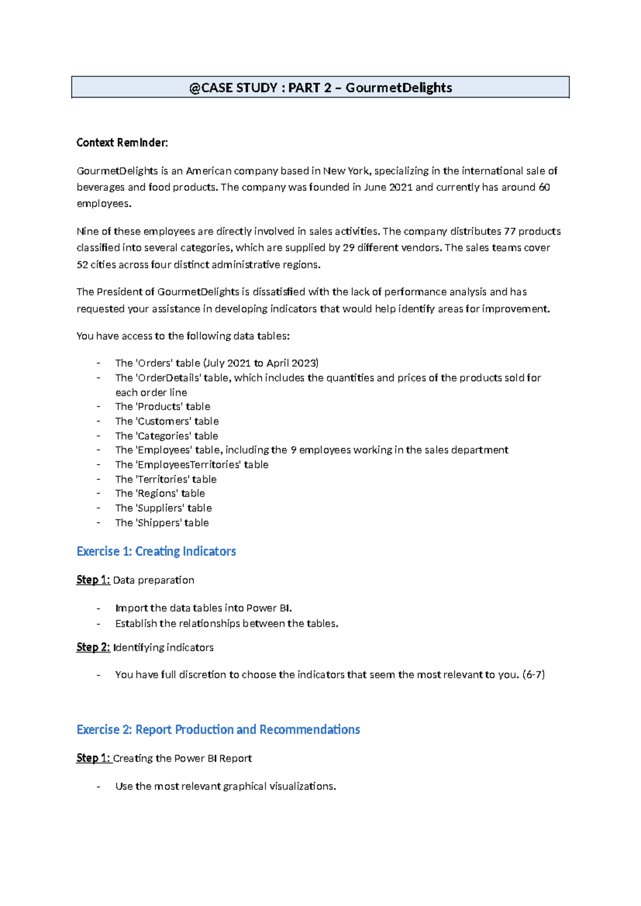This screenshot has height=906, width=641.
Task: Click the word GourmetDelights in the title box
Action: pyautogui.click(x=398, y=88)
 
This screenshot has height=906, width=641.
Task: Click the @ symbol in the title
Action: pyautogui.click(x=194, y=88)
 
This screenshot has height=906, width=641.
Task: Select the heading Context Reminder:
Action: pyautogui.click(x=122, y=143)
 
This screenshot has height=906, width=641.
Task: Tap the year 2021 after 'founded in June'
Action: pyautogui.click(x=401, y=188)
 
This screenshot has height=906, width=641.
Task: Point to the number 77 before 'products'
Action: pyautogui.click(x=510, y=231)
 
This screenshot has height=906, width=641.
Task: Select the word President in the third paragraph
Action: pyautogui.click(x=119, y=292)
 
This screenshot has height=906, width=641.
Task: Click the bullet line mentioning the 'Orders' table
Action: pyautogui.click(x=216, y=363)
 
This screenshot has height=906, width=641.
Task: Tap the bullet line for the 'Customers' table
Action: pyautogui.click(x=167, y=421)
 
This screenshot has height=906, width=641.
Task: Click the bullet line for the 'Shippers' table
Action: pyautogui.click(x=162, y=523)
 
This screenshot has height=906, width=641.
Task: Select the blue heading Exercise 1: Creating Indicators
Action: pyautogui.click(x=156, y=551)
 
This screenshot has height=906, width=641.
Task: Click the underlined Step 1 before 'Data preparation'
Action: pyautogui.click(x=93, y=580)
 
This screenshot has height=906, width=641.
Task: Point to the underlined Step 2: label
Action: pyautogui.click(x=93, y=647)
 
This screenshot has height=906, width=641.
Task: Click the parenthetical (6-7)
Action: pyautogui.click(x=533, y=675)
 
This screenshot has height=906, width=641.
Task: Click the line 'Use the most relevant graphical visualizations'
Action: pyautogui.click(x=225, y=786)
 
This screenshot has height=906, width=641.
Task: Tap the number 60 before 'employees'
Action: pyautogui.click(x=544, y=188)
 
